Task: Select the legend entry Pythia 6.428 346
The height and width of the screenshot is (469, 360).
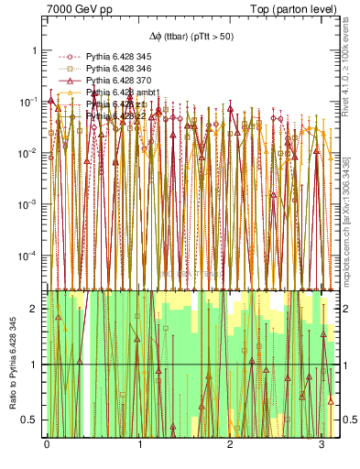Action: [116, 69]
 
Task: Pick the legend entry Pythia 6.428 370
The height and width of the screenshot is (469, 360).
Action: [116, 82]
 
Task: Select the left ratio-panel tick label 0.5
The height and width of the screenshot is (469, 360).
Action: [30, 420]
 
